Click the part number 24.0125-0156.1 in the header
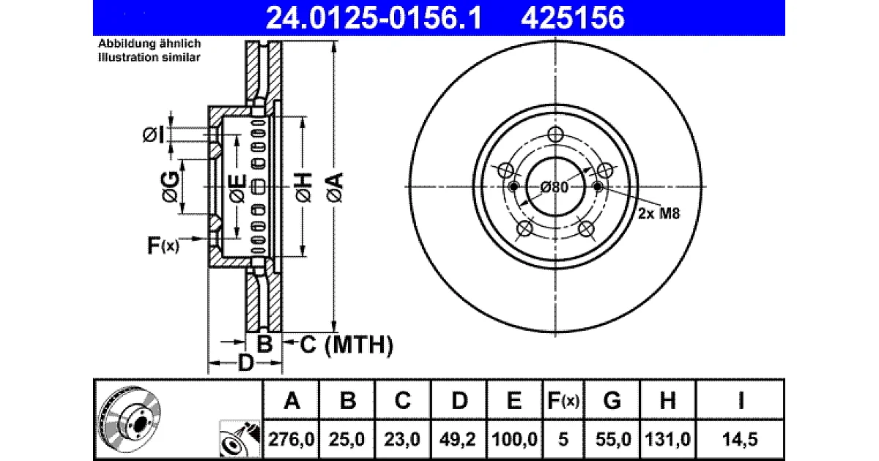(374, 18)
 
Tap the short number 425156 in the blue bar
(573, 18)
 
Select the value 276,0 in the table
(292, 439)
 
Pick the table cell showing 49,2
(458, 439)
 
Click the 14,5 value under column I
(740, 439)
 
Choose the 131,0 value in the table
(667, 439)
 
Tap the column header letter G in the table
(612, 401)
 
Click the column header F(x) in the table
(563, 401)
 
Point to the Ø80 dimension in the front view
(554, 187)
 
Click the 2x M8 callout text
(659, 213)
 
